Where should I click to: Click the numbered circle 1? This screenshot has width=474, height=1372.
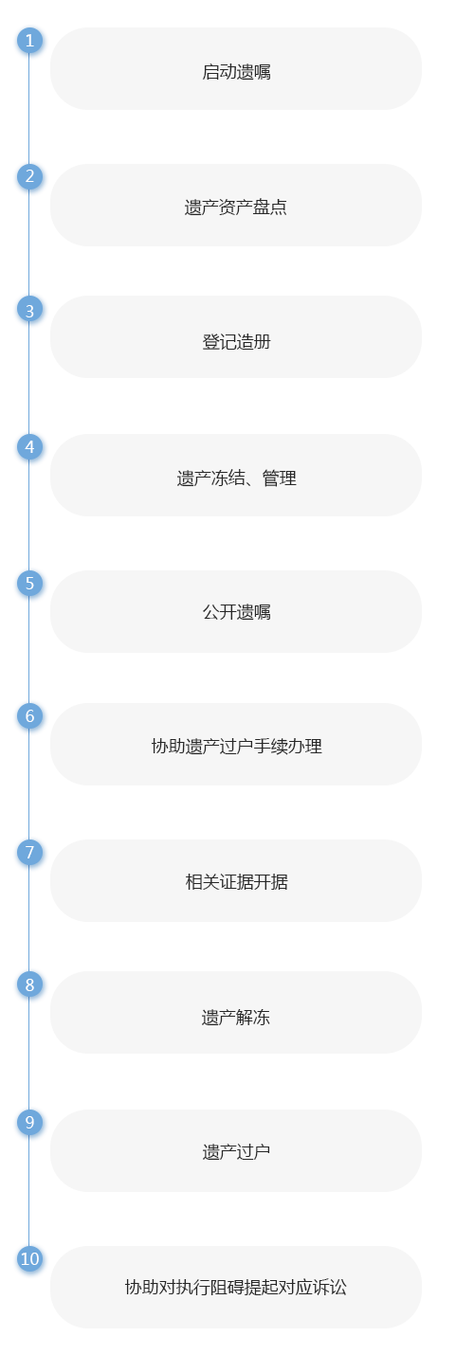point(29,41)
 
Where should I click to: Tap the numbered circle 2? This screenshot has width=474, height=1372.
point(29,177)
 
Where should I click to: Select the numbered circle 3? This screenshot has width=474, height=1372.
point(29,311)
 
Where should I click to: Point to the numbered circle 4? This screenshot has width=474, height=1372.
point(29,447)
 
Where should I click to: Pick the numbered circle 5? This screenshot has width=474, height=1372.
point(29,583)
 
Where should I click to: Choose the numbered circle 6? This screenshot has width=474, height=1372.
point(29,716)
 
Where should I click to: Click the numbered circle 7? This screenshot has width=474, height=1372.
point(29,852)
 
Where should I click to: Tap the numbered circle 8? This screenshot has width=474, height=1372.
point(29,984)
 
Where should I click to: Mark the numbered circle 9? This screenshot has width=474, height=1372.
point(29,1122)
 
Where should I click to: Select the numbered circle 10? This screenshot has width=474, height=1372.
point(29,1258)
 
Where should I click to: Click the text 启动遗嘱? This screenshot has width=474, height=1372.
point(236,72)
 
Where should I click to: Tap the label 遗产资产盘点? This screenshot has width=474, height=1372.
point(236,207)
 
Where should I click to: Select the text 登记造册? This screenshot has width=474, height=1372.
point(236,342)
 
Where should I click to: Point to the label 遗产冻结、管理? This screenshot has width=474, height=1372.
point(236,478)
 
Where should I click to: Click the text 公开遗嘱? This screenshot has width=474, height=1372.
point(236,612)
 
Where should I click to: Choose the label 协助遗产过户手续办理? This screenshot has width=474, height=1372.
point(236,746)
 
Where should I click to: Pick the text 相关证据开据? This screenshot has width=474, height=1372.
point(236,882)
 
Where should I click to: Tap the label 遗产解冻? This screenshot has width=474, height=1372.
point(236,1018)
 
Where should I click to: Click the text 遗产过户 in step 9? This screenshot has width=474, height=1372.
point(236,1152)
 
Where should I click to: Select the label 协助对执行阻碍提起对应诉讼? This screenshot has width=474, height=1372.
point(236,1287)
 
